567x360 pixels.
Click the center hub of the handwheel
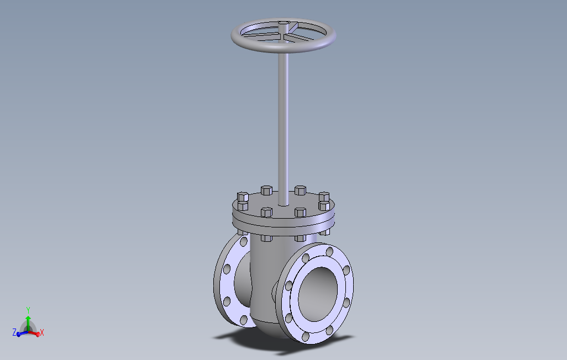[283, 24]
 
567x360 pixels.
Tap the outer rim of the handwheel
[283, 48]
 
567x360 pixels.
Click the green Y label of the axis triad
[28, 310]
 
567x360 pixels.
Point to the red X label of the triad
[42, 332]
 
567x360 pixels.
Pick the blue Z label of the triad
[14, 332]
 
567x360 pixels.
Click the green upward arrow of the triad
[28, 323]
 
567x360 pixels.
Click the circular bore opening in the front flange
[318, 294]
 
